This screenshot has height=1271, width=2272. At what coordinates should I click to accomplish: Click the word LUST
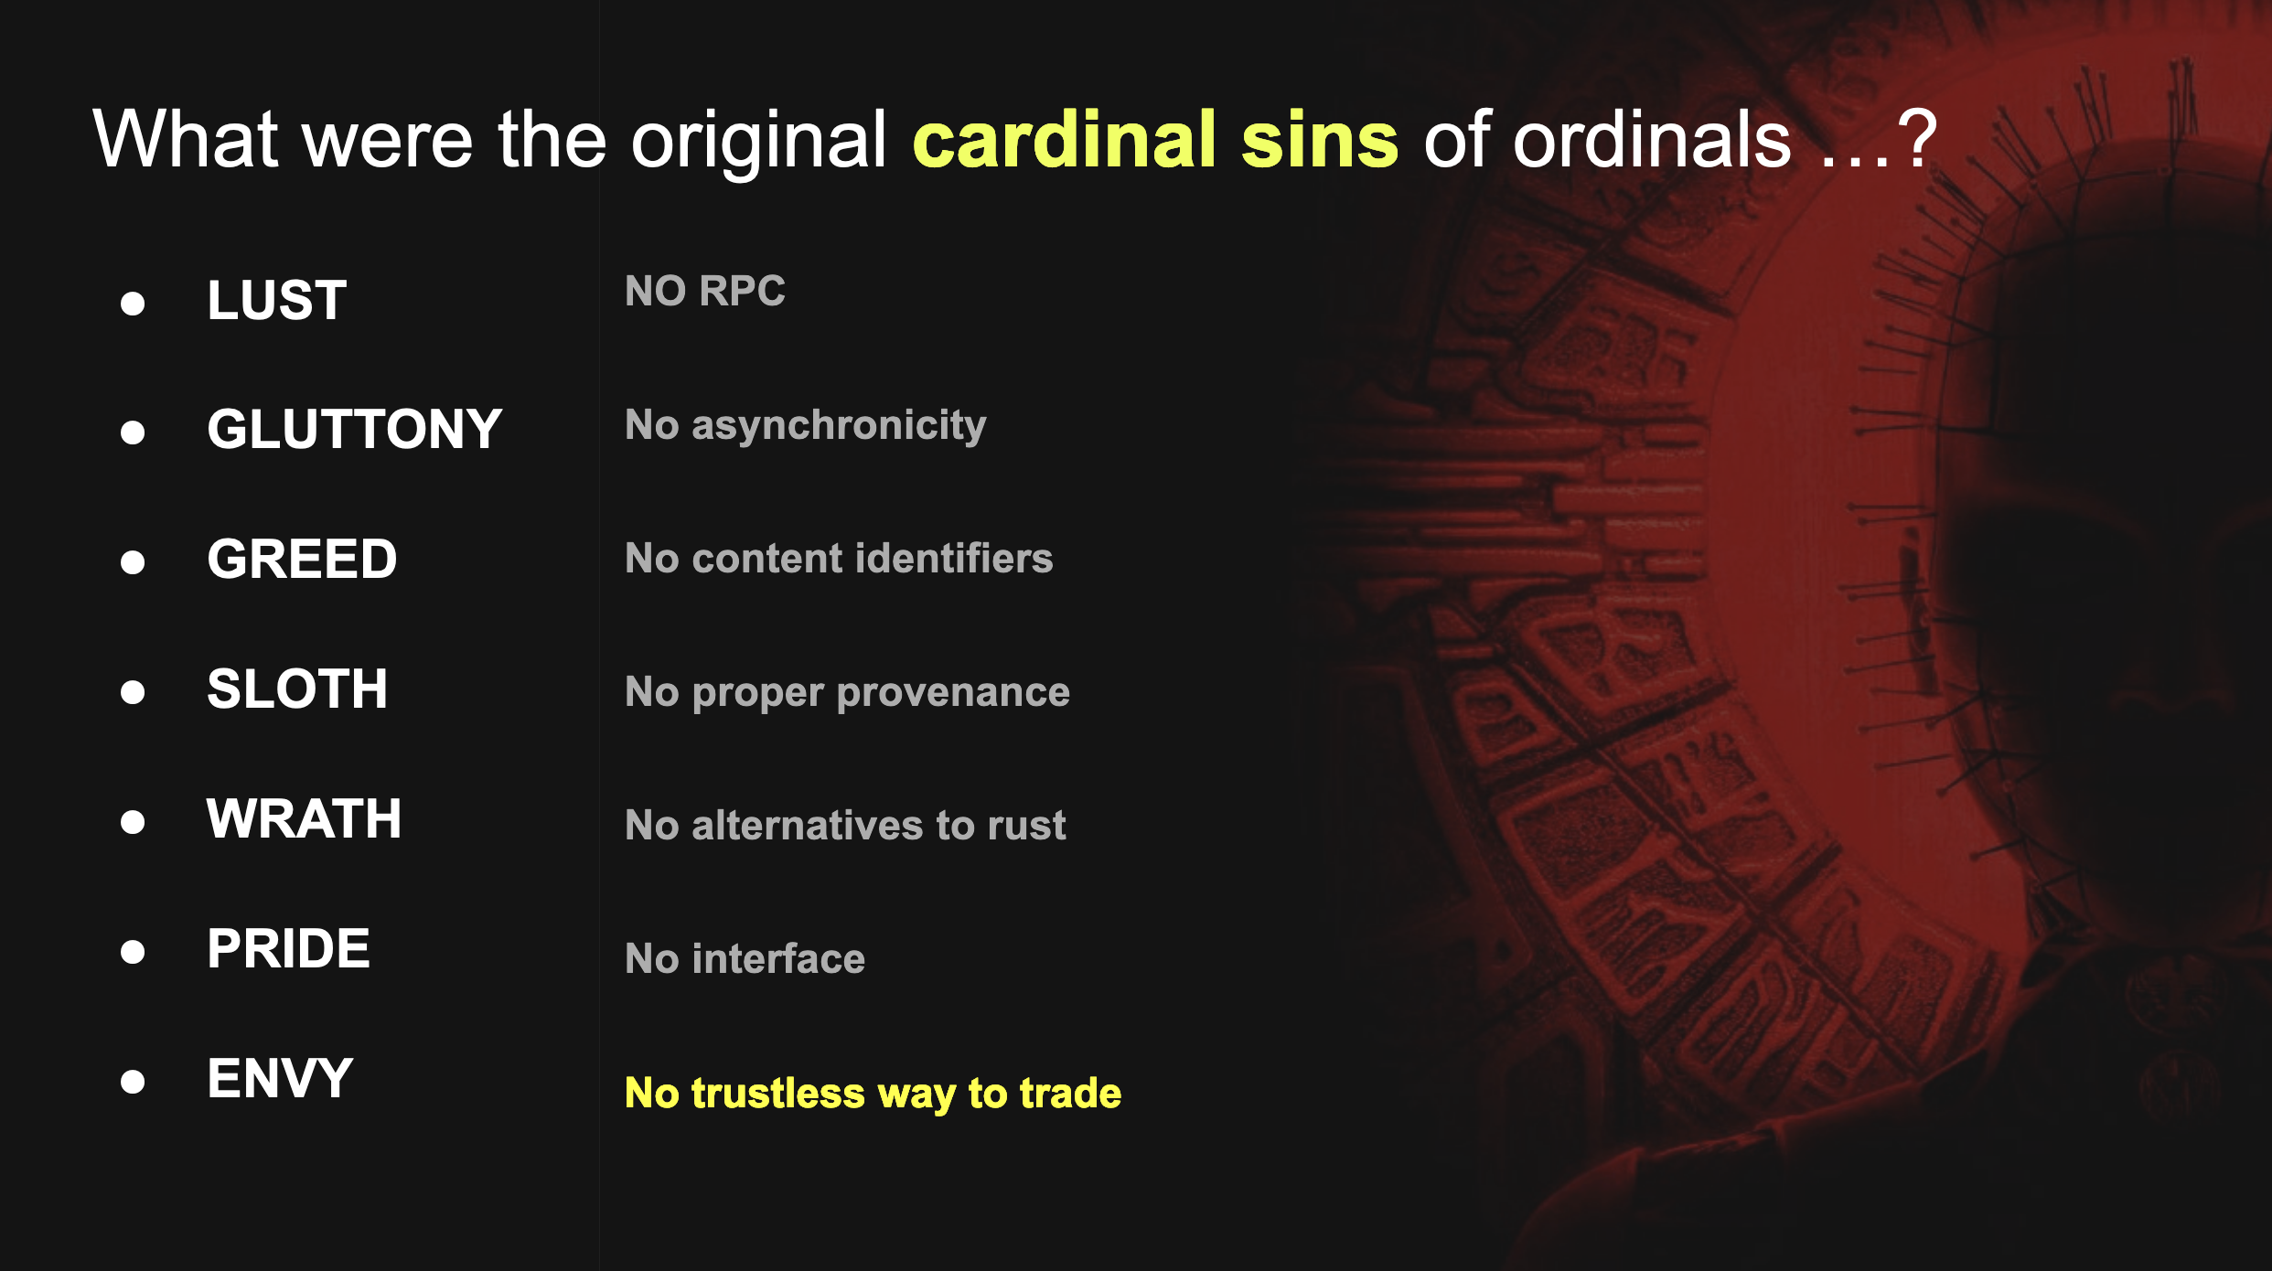pyautogui.click(x=277, y=300)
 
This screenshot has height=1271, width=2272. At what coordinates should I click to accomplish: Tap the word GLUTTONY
pyautogui.click(x=355, y=429)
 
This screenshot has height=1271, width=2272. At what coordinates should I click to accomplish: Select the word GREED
pyautogui.click(x=302, y=559)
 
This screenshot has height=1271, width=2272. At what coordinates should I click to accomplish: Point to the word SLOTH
pyautogui.click(x=297, y=689)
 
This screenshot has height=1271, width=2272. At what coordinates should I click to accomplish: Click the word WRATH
pyautogui.click(x=304, y=818)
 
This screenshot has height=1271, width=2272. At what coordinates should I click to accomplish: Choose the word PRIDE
pyautogui.click(x=288, y=948)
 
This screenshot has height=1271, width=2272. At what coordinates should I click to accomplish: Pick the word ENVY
pyautogui.click(x=280, y=1078)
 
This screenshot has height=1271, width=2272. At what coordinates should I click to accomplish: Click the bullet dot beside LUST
pyautogui.click(x=133, y=304)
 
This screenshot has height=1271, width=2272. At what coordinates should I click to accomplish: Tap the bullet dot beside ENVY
pyautogui.click(x=133, y=1082)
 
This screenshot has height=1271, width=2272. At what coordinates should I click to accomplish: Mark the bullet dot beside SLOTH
pyautogui.click(x=133, y=692)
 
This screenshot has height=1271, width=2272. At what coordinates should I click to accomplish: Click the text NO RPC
pyautogui.click(x=705, y=291)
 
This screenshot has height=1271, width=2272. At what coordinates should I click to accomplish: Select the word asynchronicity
pyautogui.click(x=839, y=426)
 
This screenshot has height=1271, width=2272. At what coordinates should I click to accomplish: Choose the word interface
pyautogui.click(x=778, y=958)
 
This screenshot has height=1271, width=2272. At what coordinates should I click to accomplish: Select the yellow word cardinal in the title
pyautogui.click(x=1065, y=139)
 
